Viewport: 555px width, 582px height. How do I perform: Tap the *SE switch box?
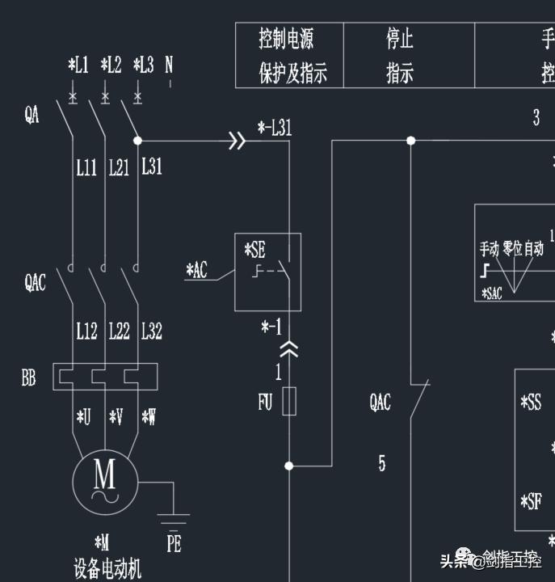pos(267,272)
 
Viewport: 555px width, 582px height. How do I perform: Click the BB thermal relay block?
pos(103,377)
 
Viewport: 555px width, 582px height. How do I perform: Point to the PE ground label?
pos(174,543)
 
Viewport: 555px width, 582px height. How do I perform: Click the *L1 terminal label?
pos(78,65)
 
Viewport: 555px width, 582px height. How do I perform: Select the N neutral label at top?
pos(169,65)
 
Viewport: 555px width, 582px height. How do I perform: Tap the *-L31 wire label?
pos(275,127)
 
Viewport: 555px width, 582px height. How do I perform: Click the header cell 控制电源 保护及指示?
pos(289,55)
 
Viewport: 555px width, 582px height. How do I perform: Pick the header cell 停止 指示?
pos(400,55)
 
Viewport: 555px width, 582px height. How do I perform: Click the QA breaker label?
pos(32,116)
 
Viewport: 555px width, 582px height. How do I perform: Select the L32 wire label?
pos(151,331)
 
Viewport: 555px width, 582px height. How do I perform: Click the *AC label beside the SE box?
pos(196,270)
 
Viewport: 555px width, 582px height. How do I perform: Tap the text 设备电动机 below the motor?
pos(107,569)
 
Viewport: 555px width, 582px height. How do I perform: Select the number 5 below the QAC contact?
pos(382,463)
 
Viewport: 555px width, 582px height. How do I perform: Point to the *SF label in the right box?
pos(531,502)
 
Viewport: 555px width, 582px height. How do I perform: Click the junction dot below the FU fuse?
pos(289,466)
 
